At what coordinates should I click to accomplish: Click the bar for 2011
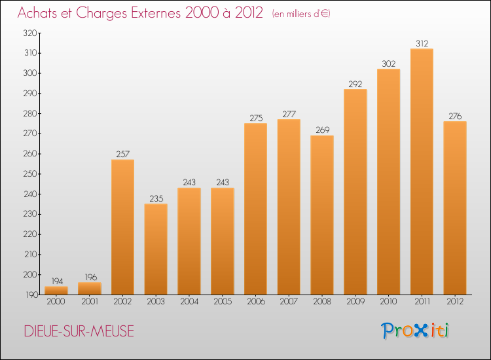coord(422,171)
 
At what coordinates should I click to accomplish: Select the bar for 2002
coord(122,227)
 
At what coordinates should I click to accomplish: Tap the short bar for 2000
coord(56,291)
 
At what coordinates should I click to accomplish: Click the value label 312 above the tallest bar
coord(422,44)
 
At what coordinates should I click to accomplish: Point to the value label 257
coord(122,154)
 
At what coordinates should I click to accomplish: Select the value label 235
coord(156,199)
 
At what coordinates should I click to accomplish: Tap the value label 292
coord(355,84)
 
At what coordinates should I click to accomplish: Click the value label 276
coord(455,117)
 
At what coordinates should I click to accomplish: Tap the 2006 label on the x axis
coord(255,302)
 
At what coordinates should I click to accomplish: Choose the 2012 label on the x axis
coord(455,302)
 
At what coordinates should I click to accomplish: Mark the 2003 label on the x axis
coord(156,302)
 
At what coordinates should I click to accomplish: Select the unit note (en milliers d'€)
coord(301,14)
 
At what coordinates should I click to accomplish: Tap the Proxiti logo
coord(416,331)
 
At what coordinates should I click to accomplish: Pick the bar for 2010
coord(388,181)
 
